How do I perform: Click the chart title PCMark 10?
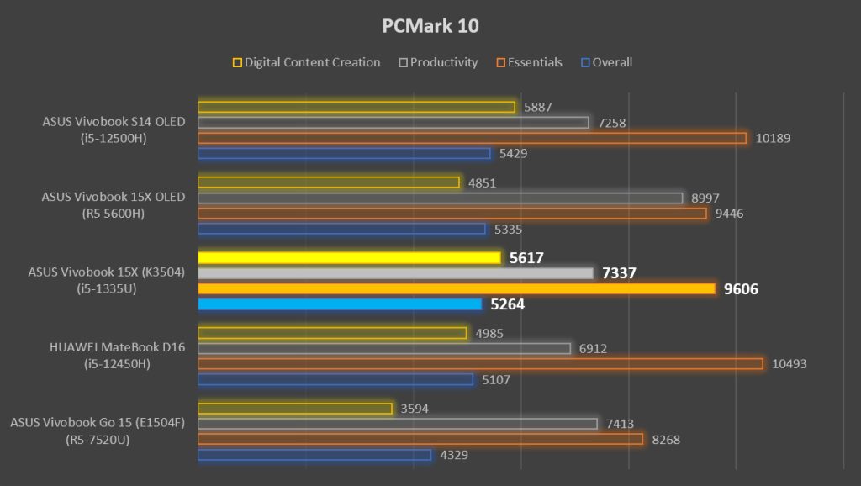pos(430,26)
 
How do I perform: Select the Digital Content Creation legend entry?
pos(312,62)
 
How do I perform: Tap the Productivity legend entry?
pos(444,62)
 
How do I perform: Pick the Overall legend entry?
pos(612,62)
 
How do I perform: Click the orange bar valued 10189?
pos(472,138)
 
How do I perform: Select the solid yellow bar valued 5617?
pos(350,257)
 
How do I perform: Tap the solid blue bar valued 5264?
pos(340,304)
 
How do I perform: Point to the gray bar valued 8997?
pos(440,198)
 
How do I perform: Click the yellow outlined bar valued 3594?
pos(295,409)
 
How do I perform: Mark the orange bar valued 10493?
pos(480,364)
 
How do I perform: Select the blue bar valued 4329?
pos(315,455)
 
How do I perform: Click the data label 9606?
pos(741,289)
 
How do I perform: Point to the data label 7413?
pos(621,425)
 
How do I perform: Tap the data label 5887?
pos(539,108)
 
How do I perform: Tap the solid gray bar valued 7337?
pos(395,273)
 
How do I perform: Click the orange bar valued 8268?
pos(420,439)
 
